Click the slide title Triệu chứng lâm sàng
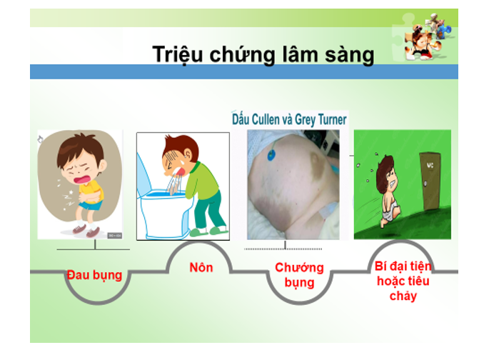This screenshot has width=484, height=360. tap(263, 55)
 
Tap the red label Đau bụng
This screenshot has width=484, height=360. tap(94, 275)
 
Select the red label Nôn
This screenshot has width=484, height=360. tap(201, 267)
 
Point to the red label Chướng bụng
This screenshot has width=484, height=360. tap(299, 275)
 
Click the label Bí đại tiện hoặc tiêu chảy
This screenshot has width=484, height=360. tap(403, 281)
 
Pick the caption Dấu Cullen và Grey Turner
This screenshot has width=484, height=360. tap(289, 119)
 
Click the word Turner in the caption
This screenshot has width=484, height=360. tap(332, 119)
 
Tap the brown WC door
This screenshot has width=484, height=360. tap(430, 182)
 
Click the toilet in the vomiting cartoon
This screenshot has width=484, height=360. tap(163, 210)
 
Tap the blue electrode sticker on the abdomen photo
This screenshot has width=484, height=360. tap(271, 156)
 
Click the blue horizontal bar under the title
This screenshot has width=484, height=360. tap(244, 71)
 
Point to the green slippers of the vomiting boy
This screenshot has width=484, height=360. tap(208, 231)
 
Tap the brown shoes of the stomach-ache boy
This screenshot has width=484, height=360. tap(86, 230)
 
